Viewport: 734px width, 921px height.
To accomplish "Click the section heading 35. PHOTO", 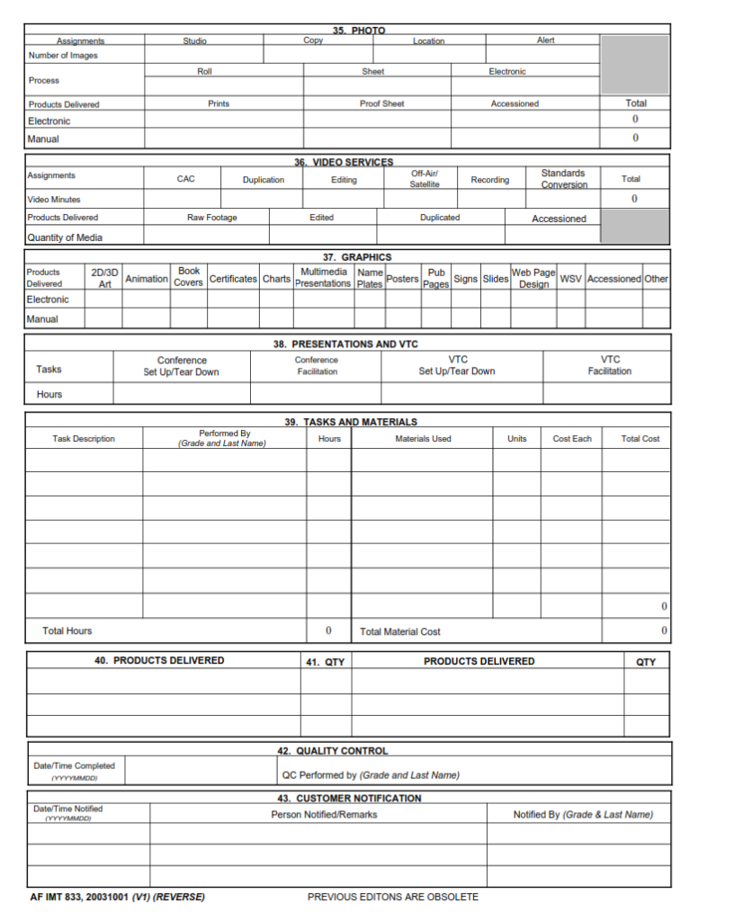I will point(358,31).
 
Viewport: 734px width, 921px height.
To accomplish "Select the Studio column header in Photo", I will point(194,40).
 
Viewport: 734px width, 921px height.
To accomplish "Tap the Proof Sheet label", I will point(381,104).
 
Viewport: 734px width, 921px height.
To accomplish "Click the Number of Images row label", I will point(63,56).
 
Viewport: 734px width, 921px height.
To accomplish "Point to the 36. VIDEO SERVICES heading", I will point(344,162).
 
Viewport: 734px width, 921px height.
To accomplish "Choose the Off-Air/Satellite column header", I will point(425,178).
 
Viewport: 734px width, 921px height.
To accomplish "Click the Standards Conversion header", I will point(563,179).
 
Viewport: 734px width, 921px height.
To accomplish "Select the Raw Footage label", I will point(211,218).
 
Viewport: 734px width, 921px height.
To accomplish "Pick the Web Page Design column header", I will point(533,278).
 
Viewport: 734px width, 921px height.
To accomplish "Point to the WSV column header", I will point(570,279).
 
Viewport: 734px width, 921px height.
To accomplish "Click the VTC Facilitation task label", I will point(610,365).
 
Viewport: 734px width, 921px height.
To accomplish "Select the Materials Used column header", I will point(423,439).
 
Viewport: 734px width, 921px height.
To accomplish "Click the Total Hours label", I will point(67,630).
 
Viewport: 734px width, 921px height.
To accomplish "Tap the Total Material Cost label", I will point(400,631).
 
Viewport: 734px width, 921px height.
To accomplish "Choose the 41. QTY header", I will point(325,662).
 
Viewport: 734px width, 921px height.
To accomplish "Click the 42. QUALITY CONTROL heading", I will point(334,751).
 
